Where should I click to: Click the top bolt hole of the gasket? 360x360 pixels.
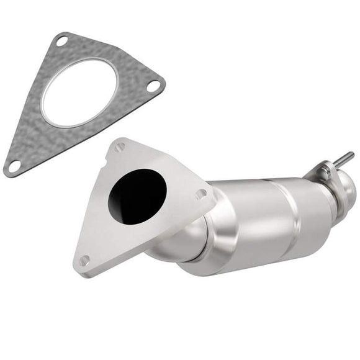tap(61, 42)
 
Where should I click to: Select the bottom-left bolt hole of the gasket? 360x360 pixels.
tap(13, 164)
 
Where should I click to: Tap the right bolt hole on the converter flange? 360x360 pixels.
tap(200, 194)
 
